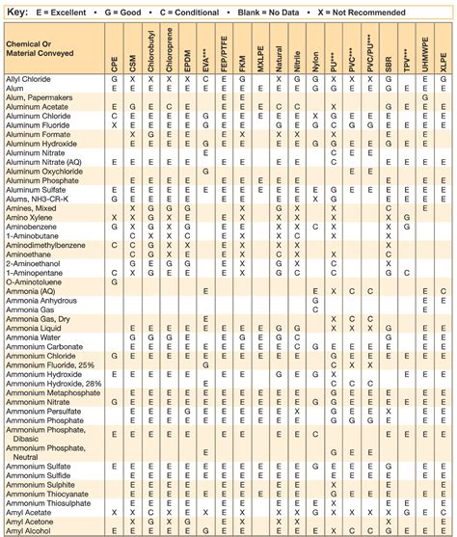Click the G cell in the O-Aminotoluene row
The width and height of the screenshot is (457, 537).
click(115, 282)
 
